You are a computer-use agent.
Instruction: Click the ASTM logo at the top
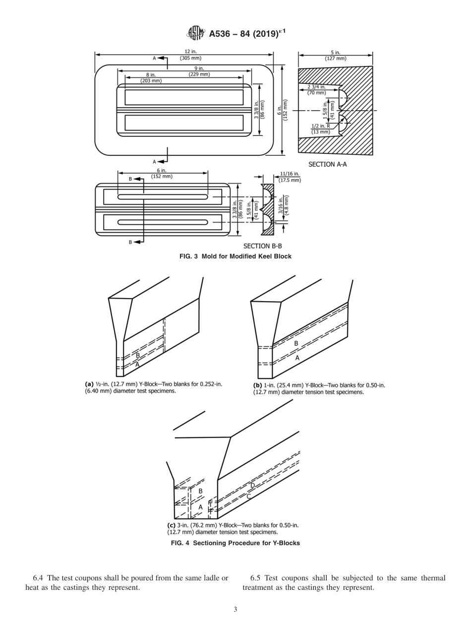tap(195, 33)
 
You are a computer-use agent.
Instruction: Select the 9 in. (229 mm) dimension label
tap(199, 71)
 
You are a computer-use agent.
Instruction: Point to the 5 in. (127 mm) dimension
tap(336, 55)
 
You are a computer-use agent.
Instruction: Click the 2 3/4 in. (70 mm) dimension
tap(316, 90)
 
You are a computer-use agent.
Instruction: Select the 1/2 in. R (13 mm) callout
tap(320, 129)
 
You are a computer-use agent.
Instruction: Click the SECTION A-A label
tap(327, 164)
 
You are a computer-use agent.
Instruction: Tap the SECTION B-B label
tap(262, 246)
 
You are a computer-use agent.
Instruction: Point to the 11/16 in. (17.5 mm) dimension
tap(290, 177)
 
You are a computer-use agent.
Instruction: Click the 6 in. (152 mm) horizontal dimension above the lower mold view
tap(162, 173)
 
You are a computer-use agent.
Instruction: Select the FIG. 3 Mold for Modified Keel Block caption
tap(235, 256)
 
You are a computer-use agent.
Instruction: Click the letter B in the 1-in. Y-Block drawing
tap(296, 343)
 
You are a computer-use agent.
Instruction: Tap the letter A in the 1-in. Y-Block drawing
tap(297, 358)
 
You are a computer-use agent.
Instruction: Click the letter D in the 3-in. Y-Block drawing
tap(252, 485)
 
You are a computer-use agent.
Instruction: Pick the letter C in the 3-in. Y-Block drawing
tap(248, 496)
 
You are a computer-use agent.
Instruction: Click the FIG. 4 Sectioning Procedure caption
tap(235, 543)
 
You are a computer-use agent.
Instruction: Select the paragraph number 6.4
tap(39, 578)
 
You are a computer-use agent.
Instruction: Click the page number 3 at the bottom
tap(235, 610)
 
